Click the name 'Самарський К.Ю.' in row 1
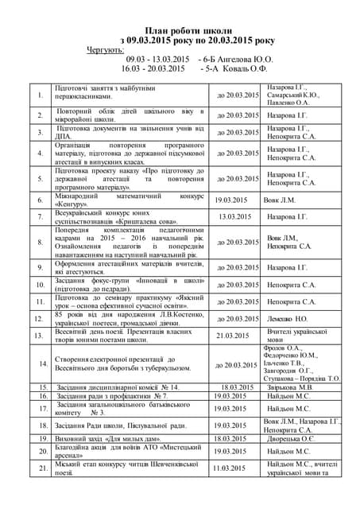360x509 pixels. point(293,95)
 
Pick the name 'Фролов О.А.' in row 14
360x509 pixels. point(283,348)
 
